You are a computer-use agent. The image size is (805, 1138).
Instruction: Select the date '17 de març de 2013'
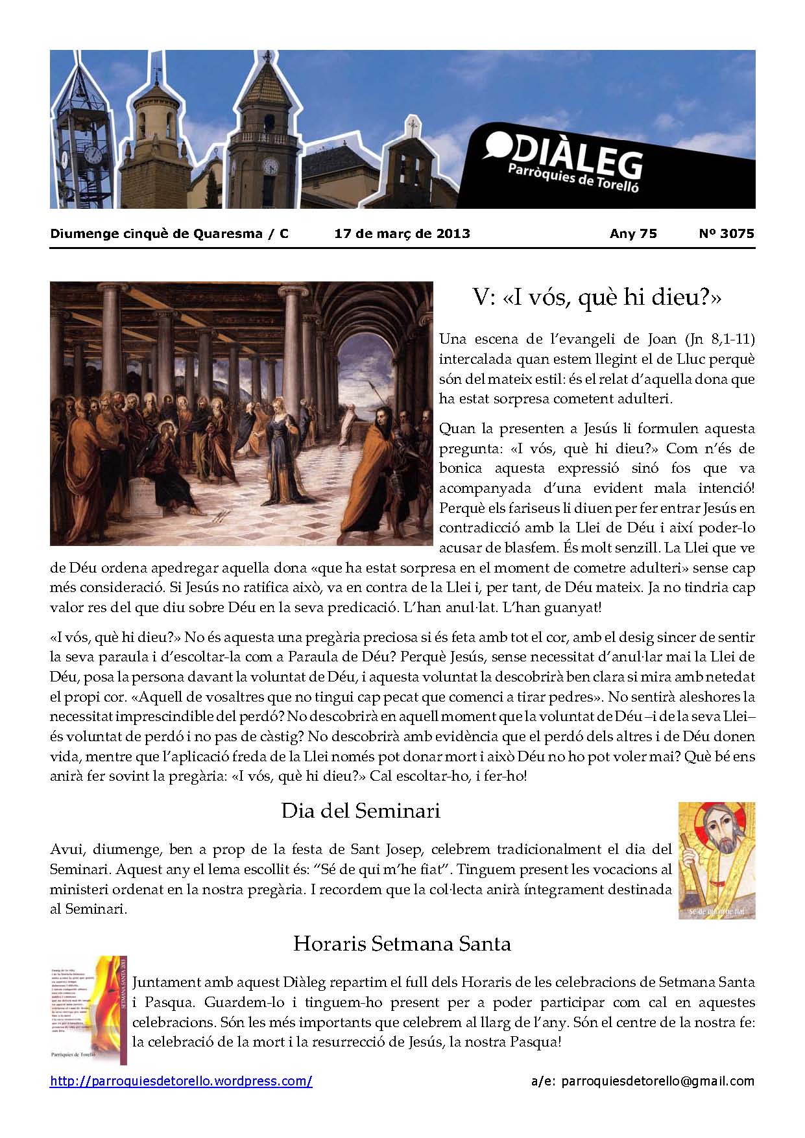(x=402, y=233)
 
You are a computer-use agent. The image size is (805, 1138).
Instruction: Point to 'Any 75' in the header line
(x=633, y=233)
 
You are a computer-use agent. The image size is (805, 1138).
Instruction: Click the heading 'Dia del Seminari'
(x=361, y=811)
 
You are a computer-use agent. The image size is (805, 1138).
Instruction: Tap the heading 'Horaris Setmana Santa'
(x=402, y=943)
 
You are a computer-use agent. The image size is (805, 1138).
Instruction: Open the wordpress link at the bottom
(x=181, y=1082)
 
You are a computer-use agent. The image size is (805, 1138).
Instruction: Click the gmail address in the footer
(x=657, y=1081)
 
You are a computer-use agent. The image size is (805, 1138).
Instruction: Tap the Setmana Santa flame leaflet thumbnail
(x=89, y=1010)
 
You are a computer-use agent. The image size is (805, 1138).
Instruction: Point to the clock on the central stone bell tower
(x=269, y=167)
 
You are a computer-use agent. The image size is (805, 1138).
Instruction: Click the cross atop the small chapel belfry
(x=411, y=124)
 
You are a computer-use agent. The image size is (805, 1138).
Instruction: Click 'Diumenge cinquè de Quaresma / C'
(x=169, y=233)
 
